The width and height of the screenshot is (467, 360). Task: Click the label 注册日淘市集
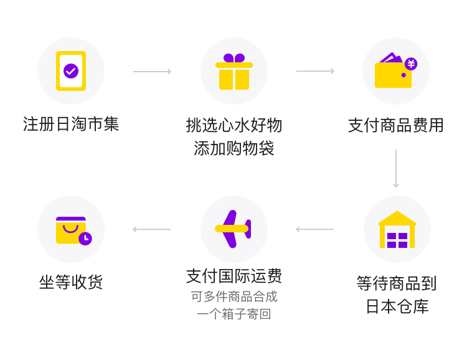pos(71,124)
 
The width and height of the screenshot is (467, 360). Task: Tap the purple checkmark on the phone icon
pos(71,70)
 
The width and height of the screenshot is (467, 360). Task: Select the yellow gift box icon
pos(234,72)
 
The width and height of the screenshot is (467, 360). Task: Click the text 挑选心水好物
pos(234,125)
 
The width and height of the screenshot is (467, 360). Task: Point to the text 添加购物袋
pos(234,148)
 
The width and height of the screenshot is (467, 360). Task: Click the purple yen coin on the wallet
pos(411,64)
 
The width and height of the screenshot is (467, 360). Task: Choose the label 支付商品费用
pos(396,125)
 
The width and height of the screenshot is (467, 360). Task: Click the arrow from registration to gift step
pos(152,72)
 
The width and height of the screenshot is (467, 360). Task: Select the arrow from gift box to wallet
pos(315,72)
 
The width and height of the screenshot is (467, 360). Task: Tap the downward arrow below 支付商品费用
pos(396,168)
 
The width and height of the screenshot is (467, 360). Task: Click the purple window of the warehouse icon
pos(397,240)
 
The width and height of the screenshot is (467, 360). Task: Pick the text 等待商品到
pos(397,283)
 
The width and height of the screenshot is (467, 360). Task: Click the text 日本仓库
pos(397,306)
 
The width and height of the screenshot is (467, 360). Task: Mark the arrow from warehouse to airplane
pos(314,229)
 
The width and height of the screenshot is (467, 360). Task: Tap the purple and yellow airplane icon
pos(234,229)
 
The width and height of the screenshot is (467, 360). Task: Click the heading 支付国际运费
pos(234,275)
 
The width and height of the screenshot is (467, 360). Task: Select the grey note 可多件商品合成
pos(234,296)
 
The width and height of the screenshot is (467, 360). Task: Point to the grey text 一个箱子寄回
pos(234,314)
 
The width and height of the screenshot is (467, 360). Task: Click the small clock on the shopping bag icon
pos(85,238)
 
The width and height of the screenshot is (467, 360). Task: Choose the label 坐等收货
pos(71,282)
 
